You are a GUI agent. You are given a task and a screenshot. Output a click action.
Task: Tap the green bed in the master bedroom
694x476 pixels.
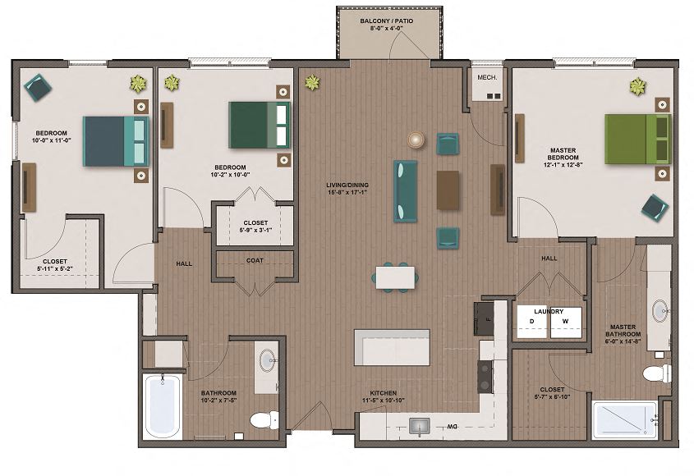point(637,139)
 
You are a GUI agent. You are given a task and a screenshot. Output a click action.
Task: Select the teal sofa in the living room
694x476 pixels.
point(406,190)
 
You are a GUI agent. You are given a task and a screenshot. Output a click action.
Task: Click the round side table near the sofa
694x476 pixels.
point(418,140)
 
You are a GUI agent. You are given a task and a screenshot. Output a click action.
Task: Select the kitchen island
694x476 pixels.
point(391,347)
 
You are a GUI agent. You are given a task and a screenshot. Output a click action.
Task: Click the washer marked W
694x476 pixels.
point(566,322)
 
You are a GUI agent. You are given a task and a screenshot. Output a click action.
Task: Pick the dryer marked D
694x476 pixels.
point(531,322)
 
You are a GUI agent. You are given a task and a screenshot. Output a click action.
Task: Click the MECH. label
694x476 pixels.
point(488,77)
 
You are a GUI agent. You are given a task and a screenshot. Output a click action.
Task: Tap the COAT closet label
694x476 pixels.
point(255,262)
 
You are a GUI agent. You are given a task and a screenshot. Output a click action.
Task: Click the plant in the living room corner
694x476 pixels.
point(312,82)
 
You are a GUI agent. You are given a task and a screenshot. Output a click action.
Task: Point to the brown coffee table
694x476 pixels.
point(448,190)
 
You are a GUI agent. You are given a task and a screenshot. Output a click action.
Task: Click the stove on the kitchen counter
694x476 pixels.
point(485,377)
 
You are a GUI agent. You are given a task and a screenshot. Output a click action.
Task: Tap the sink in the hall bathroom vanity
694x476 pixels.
point(267,361)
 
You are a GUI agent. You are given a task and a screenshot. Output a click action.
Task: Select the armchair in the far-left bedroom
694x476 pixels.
point(38,86)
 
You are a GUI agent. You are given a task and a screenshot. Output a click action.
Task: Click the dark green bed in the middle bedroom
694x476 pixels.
point(260,125)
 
